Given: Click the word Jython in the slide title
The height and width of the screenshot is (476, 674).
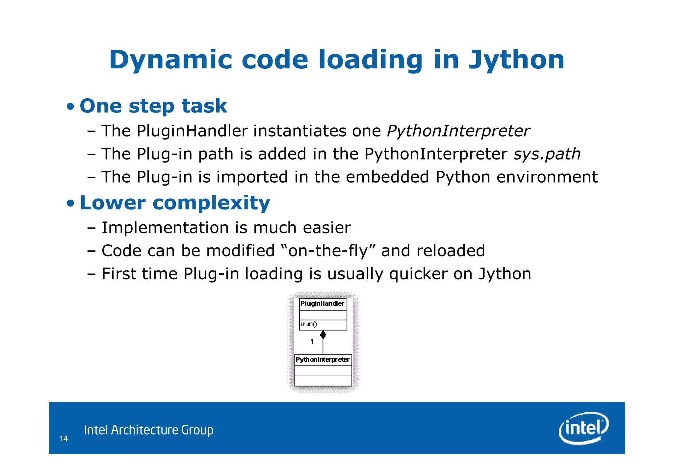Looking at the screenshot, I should (x=516, y=60).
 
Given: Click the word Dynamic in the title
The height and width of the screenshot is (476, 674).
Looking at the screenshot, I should (x=170, y=60).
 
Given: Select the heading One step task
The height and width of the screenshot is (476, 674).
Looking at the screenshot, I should (x=153, y=106).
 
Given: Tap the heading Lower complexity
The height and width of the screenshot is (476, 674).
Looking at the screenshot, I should (x=175, y=203).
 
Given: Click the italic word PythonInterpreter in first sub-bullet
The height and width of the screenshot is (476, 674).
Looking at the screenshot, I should (x=458, y=131).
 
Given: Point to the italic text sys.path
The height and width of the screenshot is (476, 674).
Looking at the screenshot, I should (x=547, y=154).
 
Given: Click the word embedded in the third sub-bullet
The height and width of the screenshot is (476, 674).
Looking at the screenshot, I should (x=387, y=177).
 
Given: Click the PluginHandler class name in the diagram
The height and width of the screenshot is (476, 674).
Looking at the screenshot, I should (x=322, y=304).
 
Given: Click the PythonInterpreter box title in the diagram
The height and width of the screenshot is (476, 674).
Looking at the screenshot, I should (x=323, y=360).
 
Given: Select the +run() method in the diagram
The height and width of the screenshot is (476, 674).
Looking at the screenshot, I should (x=308, y=324).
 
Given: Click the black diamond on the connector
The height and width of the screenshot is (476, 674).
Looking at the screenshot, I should (x=323, y=335).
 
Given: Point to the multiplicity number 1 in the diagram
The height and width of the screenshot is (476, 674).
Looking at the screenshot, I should (x=312, y=341).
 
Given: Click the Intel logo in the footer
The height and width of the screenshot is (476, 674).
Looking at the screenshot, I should (x=583, y=428).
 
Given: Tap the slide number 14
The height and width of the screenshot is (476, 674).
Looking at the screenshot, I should (x=64, y=438).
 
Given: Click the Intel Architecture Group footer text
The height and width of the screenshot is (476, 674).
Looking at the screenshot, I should (x=148, y=430).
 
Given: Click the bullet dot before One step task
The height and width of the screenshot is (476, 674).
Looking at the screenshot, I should (x=70, y=107).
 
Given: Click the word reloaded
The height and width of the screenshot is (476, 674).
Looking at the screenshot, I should (x=451, y=251).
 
